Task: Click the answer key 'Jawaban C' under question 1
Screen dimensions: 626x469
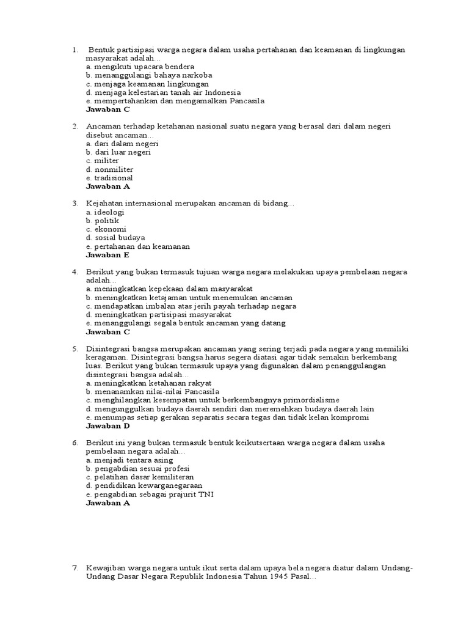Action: pos(108,110)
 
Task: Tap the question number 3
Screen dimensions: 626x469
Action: pos(75,204)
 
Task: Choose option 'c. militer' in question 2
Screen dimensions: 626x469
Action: pos(103,161)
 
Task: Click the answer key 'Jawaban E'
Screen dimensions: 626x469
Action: pos(107,256)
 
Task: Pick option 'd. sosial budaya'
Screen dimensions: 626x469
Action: pos(115,238)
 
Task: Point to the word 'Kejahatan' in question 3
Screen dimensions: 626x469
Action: pos(105,204)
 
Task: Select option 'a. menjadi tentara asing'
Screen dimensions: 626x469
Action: pos(129,460)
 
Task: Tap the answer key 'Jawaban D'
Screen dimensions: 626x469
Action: pos(108,426)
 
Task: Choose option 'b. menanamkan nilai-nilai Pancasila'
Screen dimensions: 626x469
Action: pos(153,391)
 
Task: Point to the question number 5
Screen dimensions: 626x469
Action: pos(75,348)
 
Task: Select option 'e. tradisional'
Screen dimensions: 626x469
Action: pos(109,178)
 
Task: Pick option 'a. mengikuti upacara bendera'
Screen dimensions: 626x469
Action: pos(140,66)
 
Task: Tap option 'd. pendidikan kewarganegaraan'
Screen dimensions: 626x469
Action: pos(144,485)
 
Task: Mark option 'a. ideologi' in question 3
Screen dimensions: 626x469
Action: pos(105,212)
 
